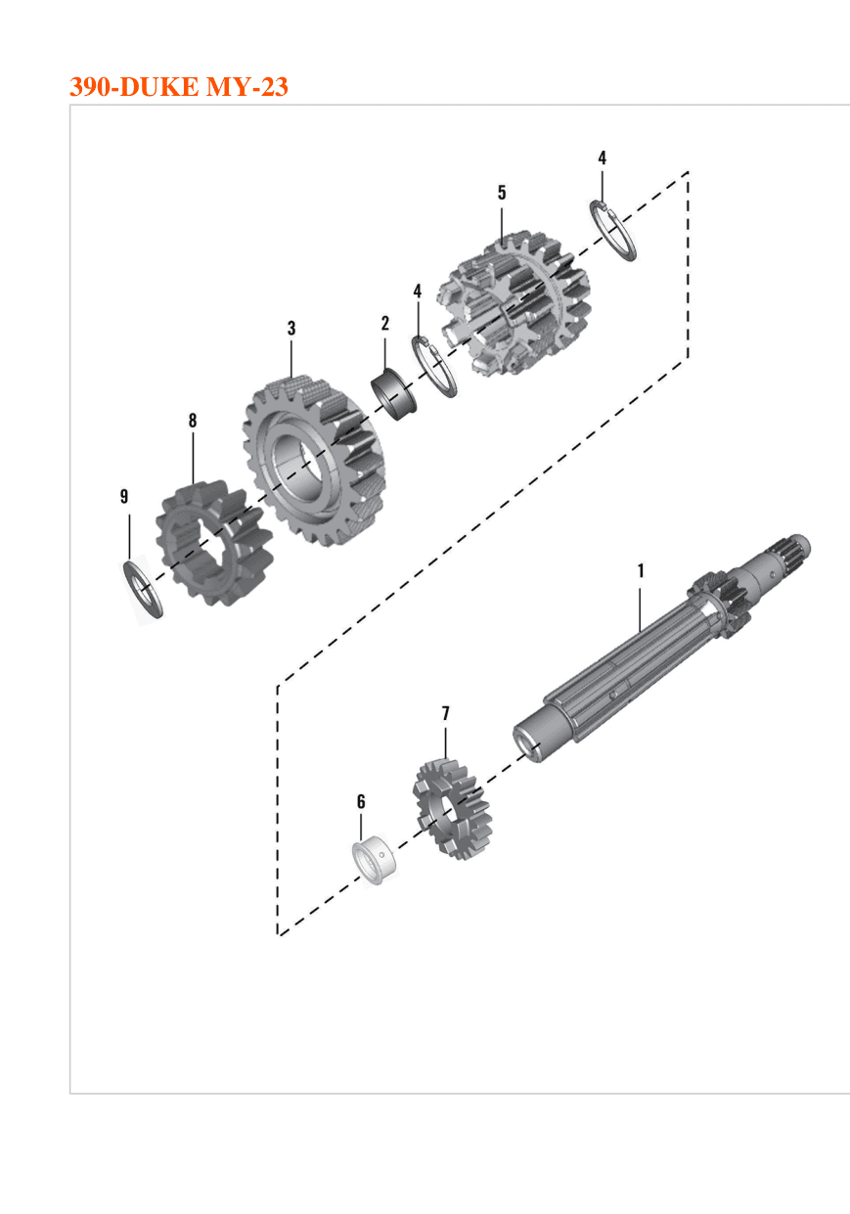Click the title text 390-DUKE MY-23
coord(179,87)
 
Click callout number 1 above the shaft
coord(641,570)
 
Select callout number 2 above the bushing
coord(385,323)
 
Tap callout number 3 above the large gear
coord(291,328)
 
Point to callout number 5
coord(502,193)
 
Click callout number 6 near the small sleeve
coord(361,801)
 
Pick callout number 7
coord(446,713)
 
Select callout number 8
coord(193,420)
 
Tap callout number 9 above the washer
coord(124,496)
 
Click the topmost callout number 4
coord(602,157)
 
